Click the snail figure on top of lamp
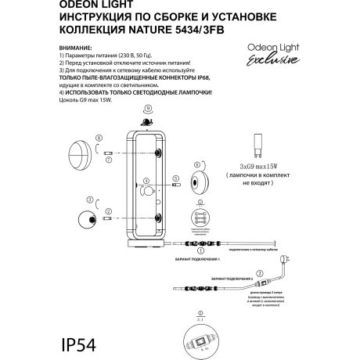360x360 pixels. [x=146, y=122]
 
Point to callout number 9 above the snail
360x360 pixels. [x=147, y=112]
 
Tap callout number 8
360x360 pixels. [x=98, y=139]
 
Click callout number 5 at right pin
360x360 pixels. [x=176, y=179]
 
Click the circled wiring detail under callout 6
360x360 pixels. [x=200, y=220]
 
